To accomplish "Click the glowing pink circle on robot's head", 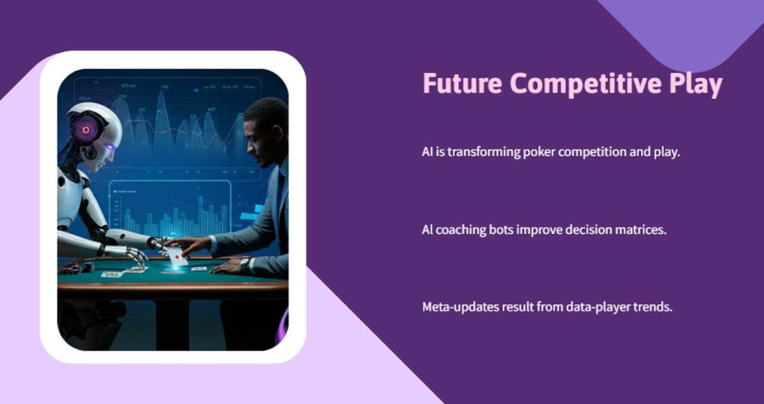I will (87, 129).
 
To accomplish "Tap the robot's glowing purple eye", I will (110, 148).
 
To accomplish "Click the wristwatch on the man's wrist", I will (244, 262).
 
